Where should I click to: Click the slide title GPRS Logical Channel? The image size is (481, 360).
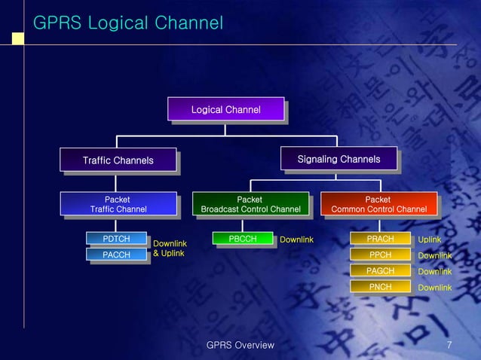click(128, 23)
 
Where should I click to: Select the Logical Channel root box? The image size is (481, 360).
click(225, 110)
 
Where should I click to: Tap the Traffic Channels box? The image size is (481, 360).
click(118, 160)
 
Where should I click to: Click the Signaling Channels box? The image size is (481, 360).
click(339, 160)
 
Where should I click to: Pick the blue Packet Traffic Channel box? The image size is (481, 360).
click(118, 204)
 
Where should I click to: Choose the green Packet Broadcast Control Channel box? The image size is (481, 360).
click(250, 204)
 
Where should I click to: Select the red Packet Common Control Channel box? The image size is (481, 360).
click(378, 204)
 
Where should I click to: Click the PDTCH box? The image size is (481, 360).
click(116, 239)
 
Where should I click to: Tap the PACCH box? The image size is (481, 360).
click(116, 255)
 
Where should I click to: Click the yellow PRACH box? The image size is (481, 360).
click(380, 239)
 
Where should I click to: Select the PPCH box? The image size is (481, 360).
click(380, 255)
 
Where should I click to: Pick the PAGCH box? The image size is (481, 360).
click(380, 271)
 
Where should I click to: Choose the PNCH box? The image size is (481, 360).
click(380, 287)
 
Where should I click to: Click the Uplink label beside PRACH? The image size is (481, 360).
click(430, 239)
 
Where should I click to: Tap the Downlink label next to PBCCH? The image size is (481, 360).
click(296, 239)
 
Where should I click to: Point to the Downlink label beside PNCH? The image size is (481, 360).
click(435, 288)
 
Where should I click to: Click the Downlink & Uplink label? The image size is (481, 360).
click(170, 249)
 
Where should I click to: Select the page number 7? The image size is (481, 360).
click(449, 345)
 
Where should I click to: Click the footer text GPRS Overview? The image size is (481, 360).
click(240, 345)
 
